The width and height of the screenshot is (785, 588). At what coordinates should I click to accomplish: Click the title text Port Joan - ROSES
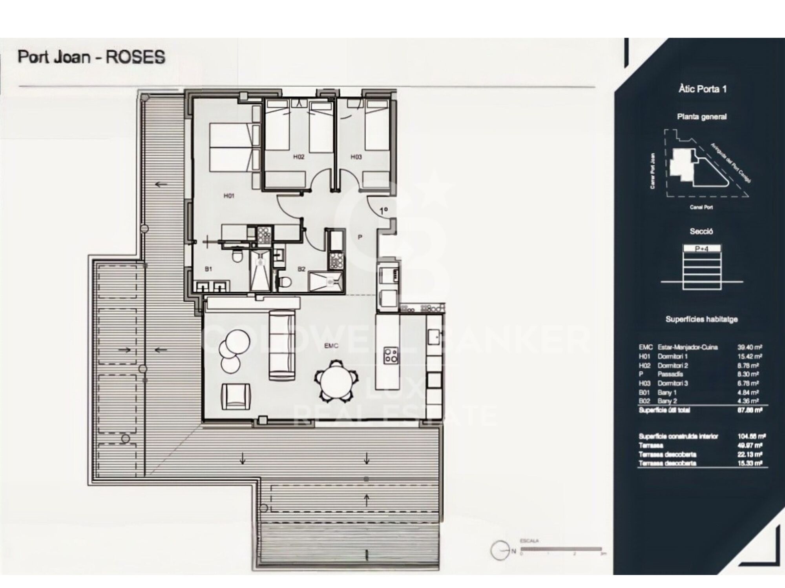91,57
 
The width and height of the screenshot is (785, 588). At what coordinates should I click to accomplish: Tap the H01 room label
229,196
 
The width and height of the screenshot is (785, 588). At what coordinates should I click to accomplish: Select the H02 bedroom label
299,157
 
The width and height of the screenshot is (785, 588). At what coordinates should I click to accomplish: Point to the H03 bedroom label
356,157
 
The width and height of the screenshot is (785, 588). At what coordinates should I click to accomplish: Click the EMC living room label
331,346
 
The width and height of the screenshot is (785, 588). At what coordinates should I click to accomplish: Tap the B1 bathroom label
208,269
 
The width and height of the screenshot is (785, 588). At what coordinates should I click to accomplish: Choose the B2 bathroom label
301,269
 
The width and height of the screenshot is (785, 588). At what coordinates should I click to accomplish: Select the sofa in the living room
281,345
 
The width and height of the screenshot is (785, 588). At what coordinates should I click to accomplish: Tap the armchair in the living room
235,396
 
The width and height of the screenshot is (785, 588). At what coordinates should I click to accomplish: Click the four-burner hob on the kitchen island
391,355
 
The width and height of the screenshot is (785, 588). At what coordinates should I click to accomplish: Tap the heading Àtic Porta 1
703,89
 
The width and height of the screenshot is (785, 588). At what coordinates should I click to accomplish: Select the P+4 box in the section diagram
702,248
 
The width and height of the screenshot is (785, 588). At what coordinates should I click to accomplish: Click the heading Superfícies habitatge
701,319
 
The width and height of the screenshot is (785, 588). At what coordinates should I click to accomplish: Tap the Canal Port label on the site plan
701,207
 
